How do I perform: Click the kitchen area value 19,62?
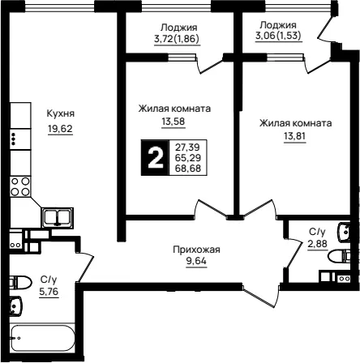click(60, 129)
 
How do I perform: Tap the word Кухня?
click(61, 113)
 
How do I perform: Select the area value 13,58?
click(174, 122)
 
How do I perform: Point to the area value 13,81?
click(294, 136)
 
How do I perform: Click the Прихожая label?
click(196, 250)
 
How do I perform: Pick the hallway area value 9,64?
click(196, 261)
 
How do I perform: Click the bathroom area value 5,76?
click(49, 292)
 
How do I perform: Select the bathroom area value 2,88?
click(317, 244)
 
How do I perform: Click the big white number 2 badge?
click(155, 158)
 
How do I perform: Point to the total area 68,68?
click(188, 169)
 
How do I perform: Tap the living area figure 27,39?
click(187, 147)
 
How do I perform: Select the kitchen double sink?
click(58, 217)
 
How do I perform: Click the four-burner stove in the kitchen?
click(20, 186)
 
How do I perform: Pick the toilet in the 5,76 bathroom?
click(21, 283)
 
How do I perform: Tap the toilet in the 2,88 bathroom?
click(339, 256)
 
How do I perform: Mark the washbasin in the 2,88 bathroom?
click(344, 232)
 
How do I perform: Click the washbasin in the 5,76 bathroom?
click(16, 305)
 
